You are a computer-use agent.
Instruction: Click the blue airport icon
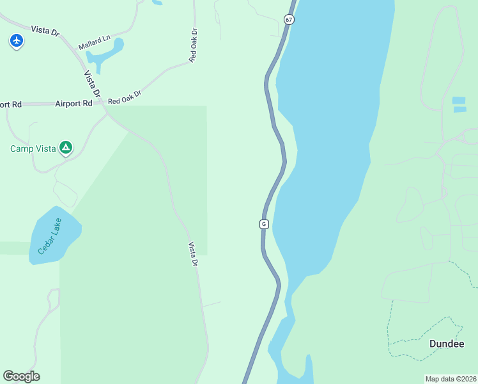17,41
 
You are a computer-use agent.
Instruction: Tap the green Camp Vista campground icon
65,148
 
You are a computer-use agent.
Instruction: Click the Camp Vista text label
33,149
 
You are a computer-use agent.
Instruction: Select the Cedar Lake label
49,236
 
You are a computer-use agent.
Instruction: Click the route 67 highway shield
289,20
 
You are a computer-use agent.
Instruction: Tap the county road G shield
263,224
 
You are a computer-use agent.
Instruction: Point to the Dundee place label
446,344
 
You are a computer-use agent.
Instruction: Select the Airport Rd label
73,103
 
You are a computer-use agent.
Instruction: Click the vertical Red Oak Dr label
193,45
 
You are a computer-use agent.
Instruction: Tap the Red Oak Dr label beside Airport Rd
124,97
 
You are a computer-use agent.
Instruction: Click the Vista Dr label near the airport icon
44,31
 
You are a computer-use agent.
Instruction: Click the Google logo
21,376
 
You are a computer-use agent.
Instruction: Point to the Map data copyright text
451,378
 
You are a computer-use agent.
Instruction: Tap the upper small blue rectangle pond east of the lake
459,100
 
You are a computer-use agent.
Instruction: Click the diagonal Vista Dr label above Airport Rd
93,84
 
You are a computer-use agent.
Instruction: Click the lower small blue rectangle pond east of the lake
459,109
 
